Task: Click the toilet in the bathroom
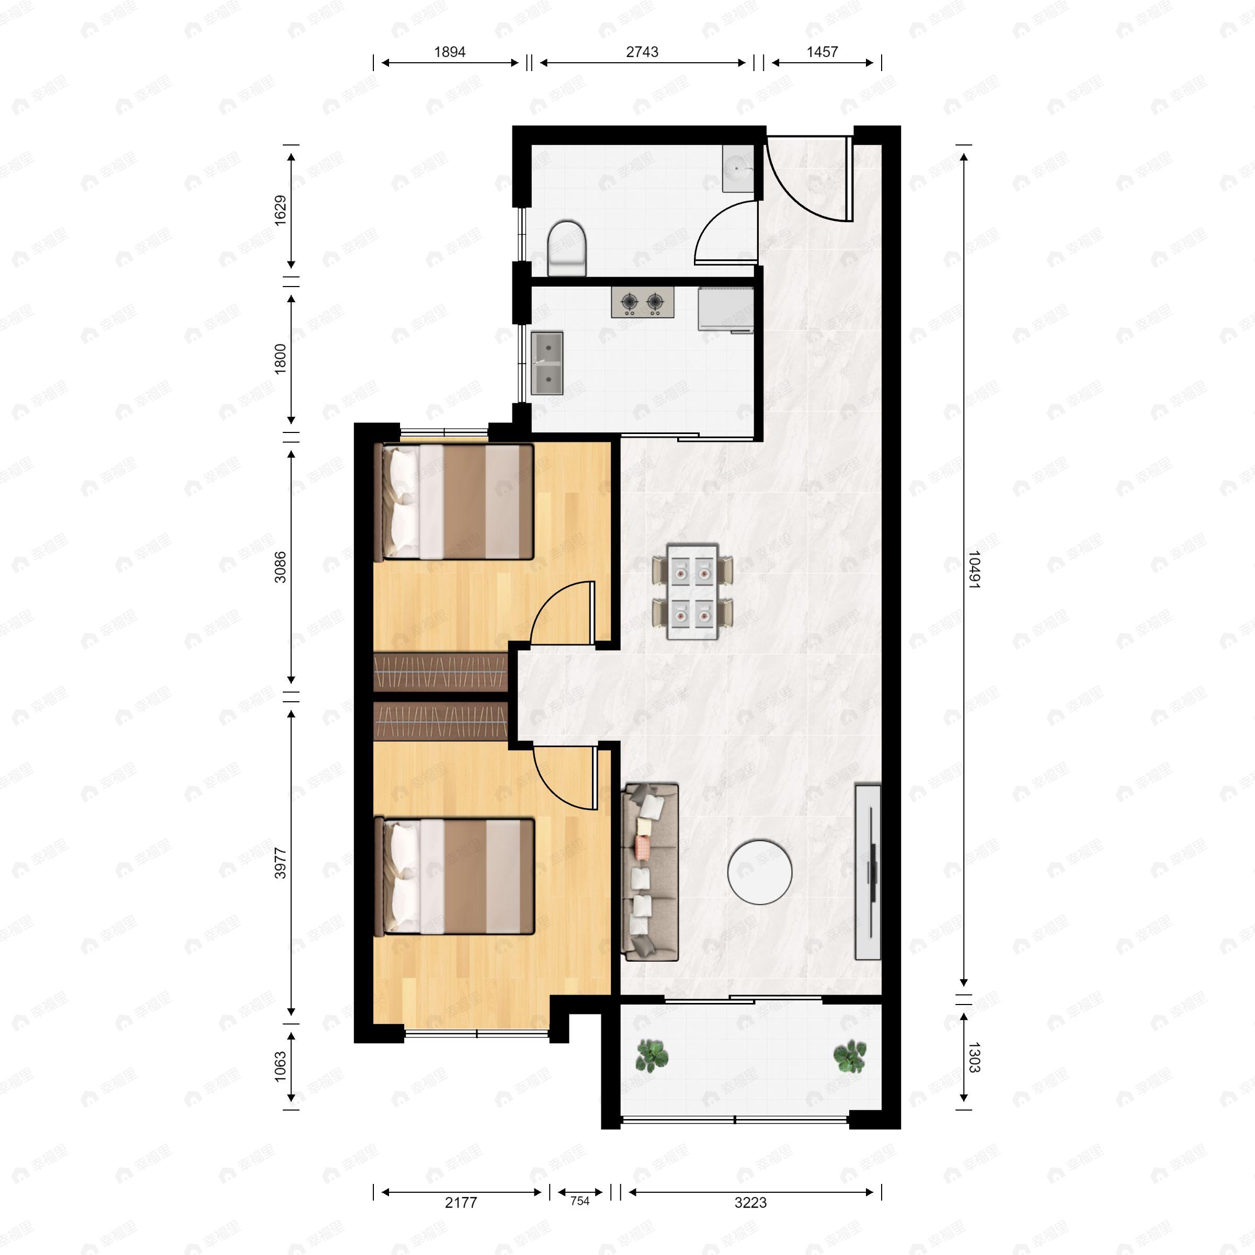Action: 566,247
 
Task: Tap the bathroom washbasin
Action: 738,169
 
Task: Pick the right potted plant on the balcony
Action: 850,1056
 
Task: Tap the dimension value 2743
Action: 642,52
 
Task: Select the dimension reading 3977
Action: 280,863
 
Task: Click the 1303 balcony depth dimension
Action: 974,1057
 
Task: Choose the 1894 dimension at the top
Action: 450,52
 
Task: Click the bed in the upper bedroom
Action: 455,501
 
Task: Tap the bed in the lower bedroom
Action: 455,876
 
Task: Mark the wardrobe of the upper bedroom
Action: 440,672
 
